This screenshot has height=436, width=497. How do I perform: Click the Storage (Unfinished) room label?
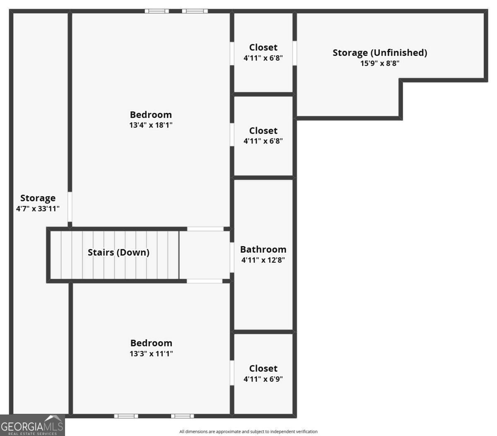point(380,53)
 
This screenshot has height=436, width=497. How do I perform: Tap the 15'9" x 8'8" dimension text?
point(380,63)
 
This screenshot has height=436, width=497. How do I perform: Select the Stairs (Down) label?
point(118,252)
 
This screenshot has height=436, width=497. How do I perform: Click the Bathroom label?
point(263,249)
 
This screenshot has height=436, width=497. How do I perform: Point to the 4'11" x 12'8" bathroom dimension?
point(263,260)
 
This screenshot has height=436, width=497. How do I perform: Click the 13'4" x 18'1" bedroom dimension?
point(151,125)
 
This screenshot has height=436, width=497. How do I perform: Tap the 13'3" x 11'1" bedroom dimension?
point(151,354)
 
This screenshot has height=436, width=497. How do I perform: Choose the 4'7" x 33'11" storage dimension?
point(38,209)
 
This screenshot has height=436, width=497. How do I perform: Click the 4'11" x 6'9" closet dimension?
point(263,379)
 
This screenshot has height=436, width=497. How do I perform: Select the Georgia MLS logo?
point(32,425)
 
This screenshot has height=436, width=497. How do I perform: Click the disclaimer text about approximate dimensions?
point(248,431)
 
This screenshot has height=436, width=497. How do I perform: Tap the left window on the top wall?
point(157,11)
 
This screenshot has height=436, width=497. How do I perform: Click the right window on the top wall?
point(194,11)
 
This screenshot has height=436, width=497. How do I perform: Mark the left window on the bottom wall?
point(126,416)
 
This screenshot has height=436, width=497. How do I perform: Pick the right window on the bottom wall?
point(182,416)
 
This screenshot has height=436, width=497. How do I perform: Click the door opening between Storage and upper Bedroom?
point(70,206)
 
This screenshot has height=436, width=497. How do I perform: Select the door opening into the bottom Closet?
point(232,373)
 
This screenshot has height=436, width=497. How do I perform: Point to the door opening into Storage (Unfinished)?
point(294,53)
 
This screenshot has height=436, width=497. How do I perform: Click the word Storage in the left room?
point(38,198)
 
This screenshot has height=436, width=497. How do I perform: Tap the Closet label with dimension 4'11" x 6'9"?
point(263,368)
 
